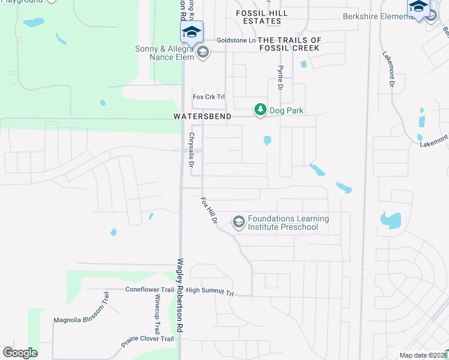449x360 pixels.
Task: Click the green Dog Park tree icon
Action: point(260,110)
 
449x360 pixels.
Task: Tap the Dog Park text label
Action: point(286,110)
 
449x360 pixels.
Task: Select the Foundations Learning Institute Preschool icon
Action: point(239,223)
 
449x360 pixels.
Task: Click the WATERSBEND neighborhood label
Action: point(202,116)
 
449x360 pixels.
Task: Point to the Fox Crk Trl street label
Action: point(208,97)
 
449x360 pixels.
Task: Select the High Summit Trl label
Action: point(209,292)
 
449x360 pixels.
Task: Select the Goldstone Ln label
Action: point(236,40)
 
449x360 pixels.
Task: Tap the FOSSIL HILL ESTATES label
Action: point(262,17)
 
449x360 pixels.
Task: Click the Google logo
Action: point(20,353)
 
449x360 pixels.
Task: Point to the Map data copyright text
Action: point(424,355)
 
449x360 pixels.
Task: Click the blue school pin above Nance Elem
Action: point(191,32)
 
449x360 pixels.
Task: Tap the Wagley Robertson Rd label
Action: point(179,296)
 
